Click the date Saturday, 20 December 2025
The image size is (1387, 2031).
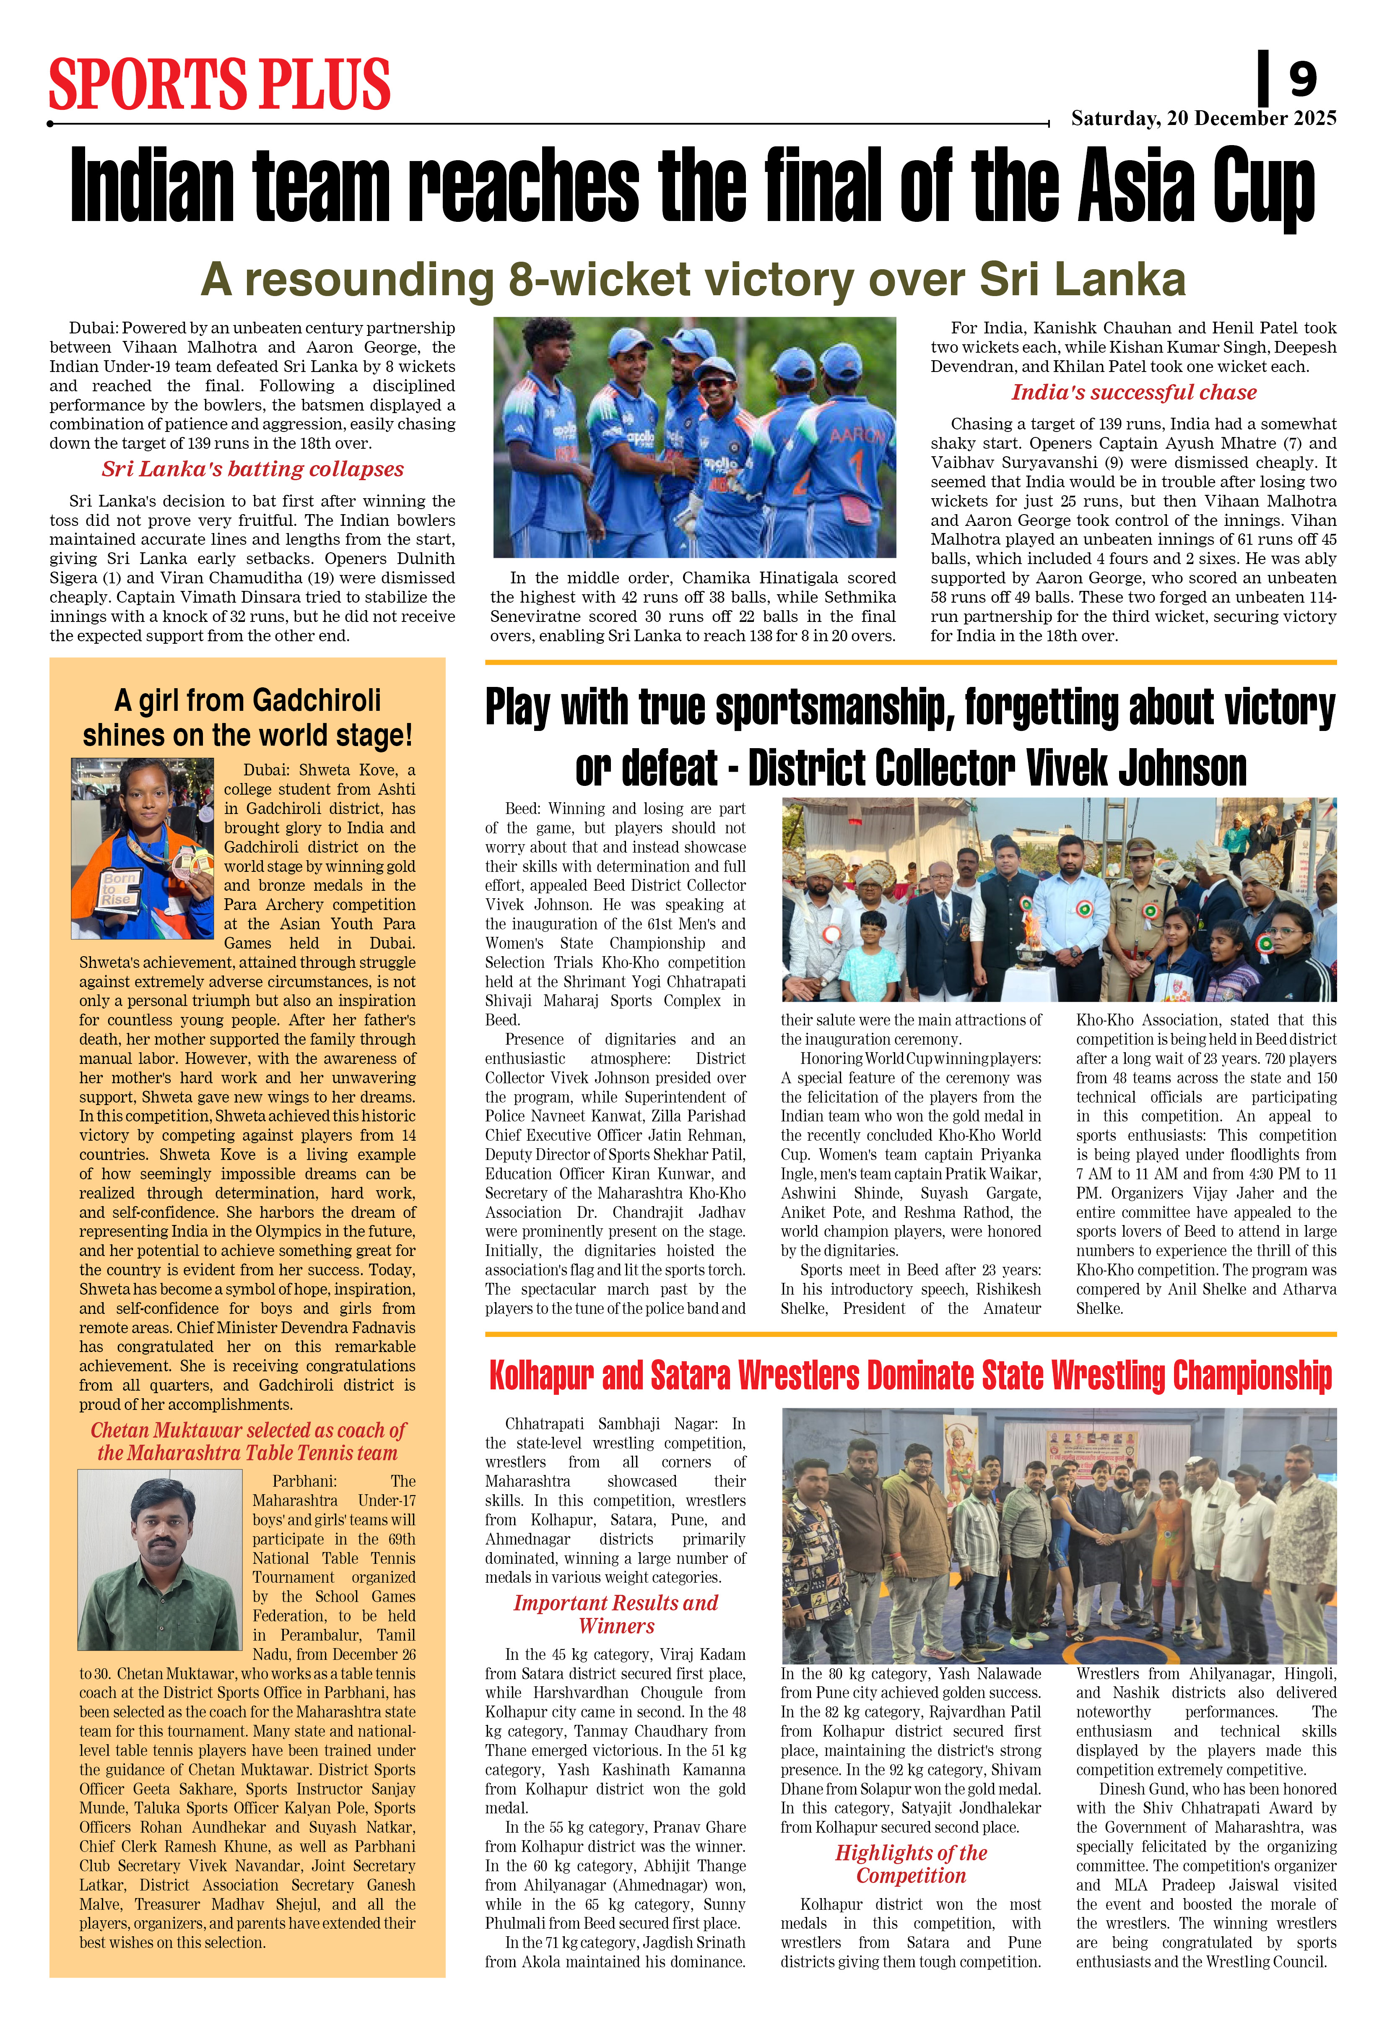coord(1203,118)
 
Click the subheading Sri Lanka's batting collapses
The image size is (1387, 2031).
coord(252,469)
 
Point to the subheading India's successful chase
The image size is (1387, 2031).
coord(1134,393)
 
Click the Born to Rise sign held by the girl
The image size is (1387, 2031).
coord(117,888)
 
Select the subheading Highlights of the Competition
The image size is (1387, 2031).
coord(911,1864)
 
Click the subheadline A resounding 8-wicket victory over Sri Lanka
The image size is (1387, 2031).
coord(693,280)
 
